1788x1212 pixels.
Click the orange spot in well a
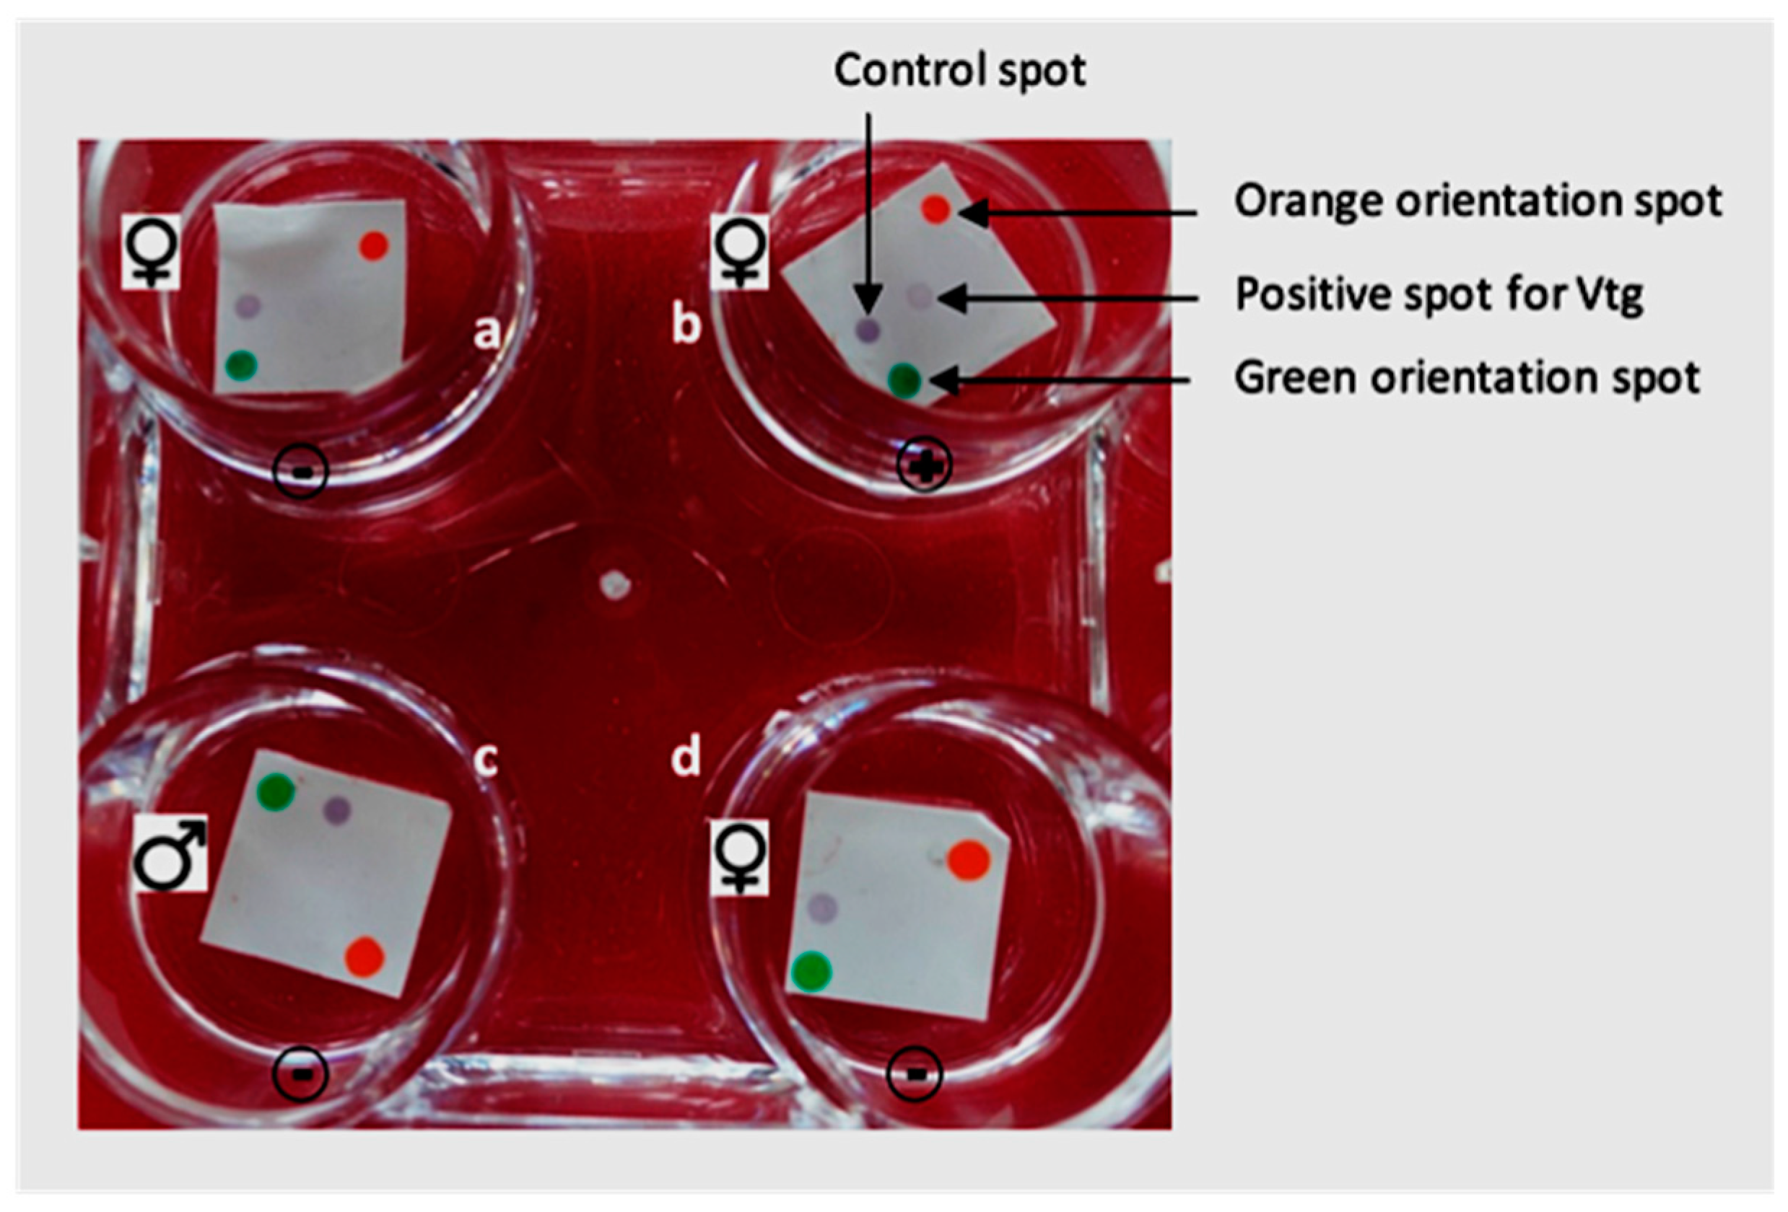(x=374, y=246)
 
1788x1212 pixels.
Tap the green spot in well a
(x=242, y=364)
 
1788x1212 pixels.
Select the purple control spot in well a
(x=248, y=305)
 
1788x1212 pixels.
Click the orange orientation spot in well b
(x=936, y=209)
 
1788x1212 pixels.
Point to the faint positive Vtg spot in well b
(x=919, y=294)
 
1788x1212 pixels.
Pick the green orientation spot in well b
(x=904, y=379)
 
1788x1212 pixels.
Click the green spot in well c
(x=276, y=792)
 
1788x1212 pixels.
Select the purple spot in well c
(x=336, y=809)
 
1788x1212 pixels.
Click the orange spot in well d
(x=968, y=860)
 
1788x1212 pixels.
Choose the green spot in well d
(x=811, y=970)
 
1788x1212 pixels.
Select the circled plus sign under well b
(x=925, y=465)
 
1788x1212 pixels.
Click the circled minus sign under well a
(x=301, y=470)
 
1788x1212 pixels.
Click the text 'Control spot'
(x=960, y=71)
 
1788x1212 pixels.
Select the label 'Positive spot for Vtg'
(x=1439, y=295)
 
